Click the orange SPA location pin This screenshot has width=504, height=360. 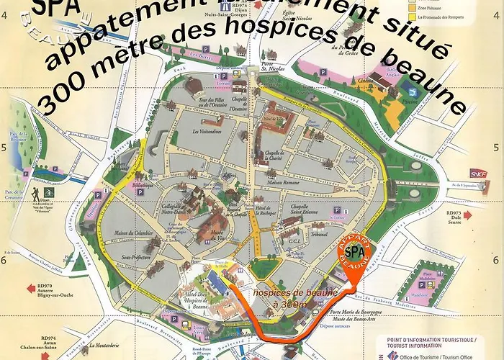click(354, 253)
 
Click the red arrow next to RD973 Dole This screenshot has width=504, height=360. click(468, 215)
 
